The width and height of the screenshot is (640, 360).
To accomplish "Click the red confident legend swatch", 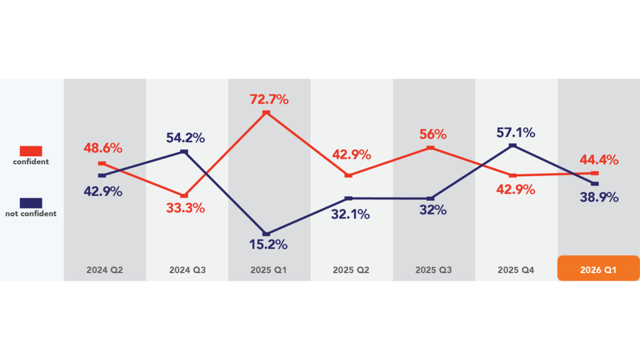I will [31, 151].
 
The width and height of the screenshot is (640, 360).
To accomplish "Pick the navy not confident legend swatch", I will [31, 202].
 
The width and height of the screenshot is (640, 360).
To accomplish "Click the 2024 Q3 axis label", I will [187, 271].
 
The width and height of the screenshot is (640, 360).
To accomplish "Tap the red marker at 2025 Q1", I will [266, 113].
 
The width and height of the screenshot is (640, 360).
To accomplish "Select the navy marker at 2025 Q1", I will [267, 234].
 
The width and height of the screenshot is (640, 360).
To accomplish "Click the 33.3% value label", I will [186, 208].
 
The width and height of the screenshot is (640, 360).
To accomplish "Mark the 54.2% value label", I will [186, 138].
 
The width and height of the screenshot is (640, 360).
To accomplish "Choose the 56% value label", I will [433, 134].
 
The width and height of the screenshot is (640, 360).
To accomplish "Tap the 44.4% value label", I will [598, 160].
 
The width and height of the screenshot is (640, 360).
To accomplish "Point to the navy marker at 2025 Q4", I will [513, 146].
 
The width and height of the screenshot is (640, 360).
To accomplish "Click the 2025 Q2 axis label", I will [351, 271].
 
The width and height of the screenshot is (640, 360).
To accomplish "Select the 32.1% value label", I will [351, 214].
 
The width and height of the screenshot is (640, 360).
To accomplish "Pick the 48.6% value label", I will [103, 149].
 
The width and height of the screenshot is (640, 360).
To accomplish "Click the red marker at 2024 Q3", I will [184, 196].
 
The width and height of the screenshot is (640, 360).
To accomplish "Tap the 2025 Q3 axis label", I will [433, 271].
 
